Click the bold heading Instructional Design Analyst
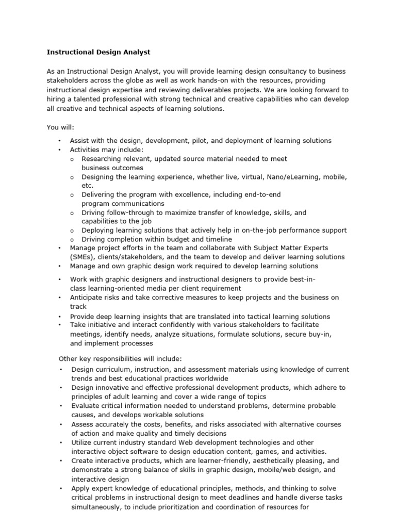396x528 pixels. (98, 52)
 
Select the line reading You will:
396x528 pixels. (61, 127)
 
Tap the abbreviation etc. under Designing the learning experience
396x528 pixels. (88, 186)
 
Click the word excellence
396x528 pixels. (203, 194)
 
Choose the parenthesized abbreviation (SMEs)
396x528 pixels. (85, 257)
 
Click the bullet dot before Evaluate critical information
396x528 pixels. (61, 406)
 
